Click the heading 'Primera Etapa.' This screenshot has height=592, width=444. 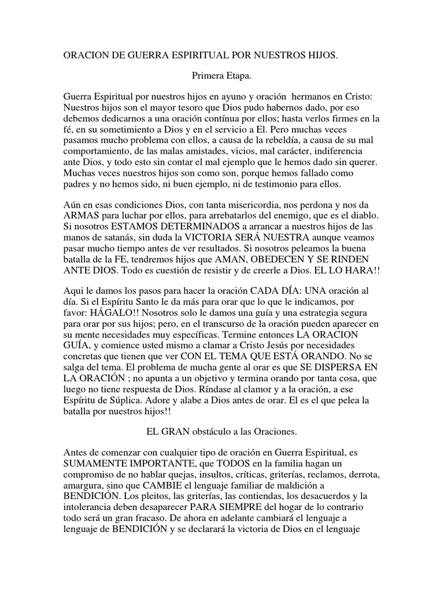point(221,75)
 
